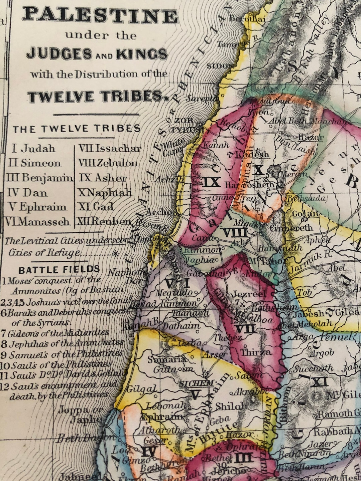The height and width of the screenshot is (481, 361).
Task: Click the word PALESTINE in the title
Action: pos(100,15)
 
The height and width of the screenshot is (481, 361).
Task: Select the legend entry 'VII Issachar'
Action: pos(110,148)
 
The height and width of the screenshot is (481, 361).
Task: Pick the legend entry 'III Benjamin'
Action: pos(39,178)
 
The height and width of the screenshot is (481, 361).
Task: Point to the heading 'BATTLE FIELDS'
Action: pos(59,269)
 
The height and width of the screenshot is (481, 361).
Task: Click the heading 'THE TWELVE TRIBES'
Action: pos(77,129)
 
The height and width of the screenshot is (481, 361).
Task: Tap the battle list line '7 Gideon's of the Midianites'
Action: pos(55,333)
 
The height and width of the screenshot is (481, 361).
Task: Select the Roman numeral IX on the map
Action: pos(212,182)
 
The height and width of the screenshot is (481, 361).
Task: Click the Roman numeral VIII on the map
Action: pos(235,232)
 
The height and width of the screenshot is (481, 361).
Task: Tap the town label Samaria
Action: pos(167,359)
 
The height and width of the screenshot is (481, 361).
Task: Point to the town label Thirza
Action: pos(256,352)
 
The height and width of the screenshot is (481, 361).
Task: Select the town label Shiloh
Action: pos(231,406)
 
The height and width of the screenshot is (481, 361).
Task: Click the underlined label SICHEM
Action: pos(196,383)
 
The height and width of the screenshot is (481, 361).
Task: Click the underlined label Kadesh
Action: pos(252,154)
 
